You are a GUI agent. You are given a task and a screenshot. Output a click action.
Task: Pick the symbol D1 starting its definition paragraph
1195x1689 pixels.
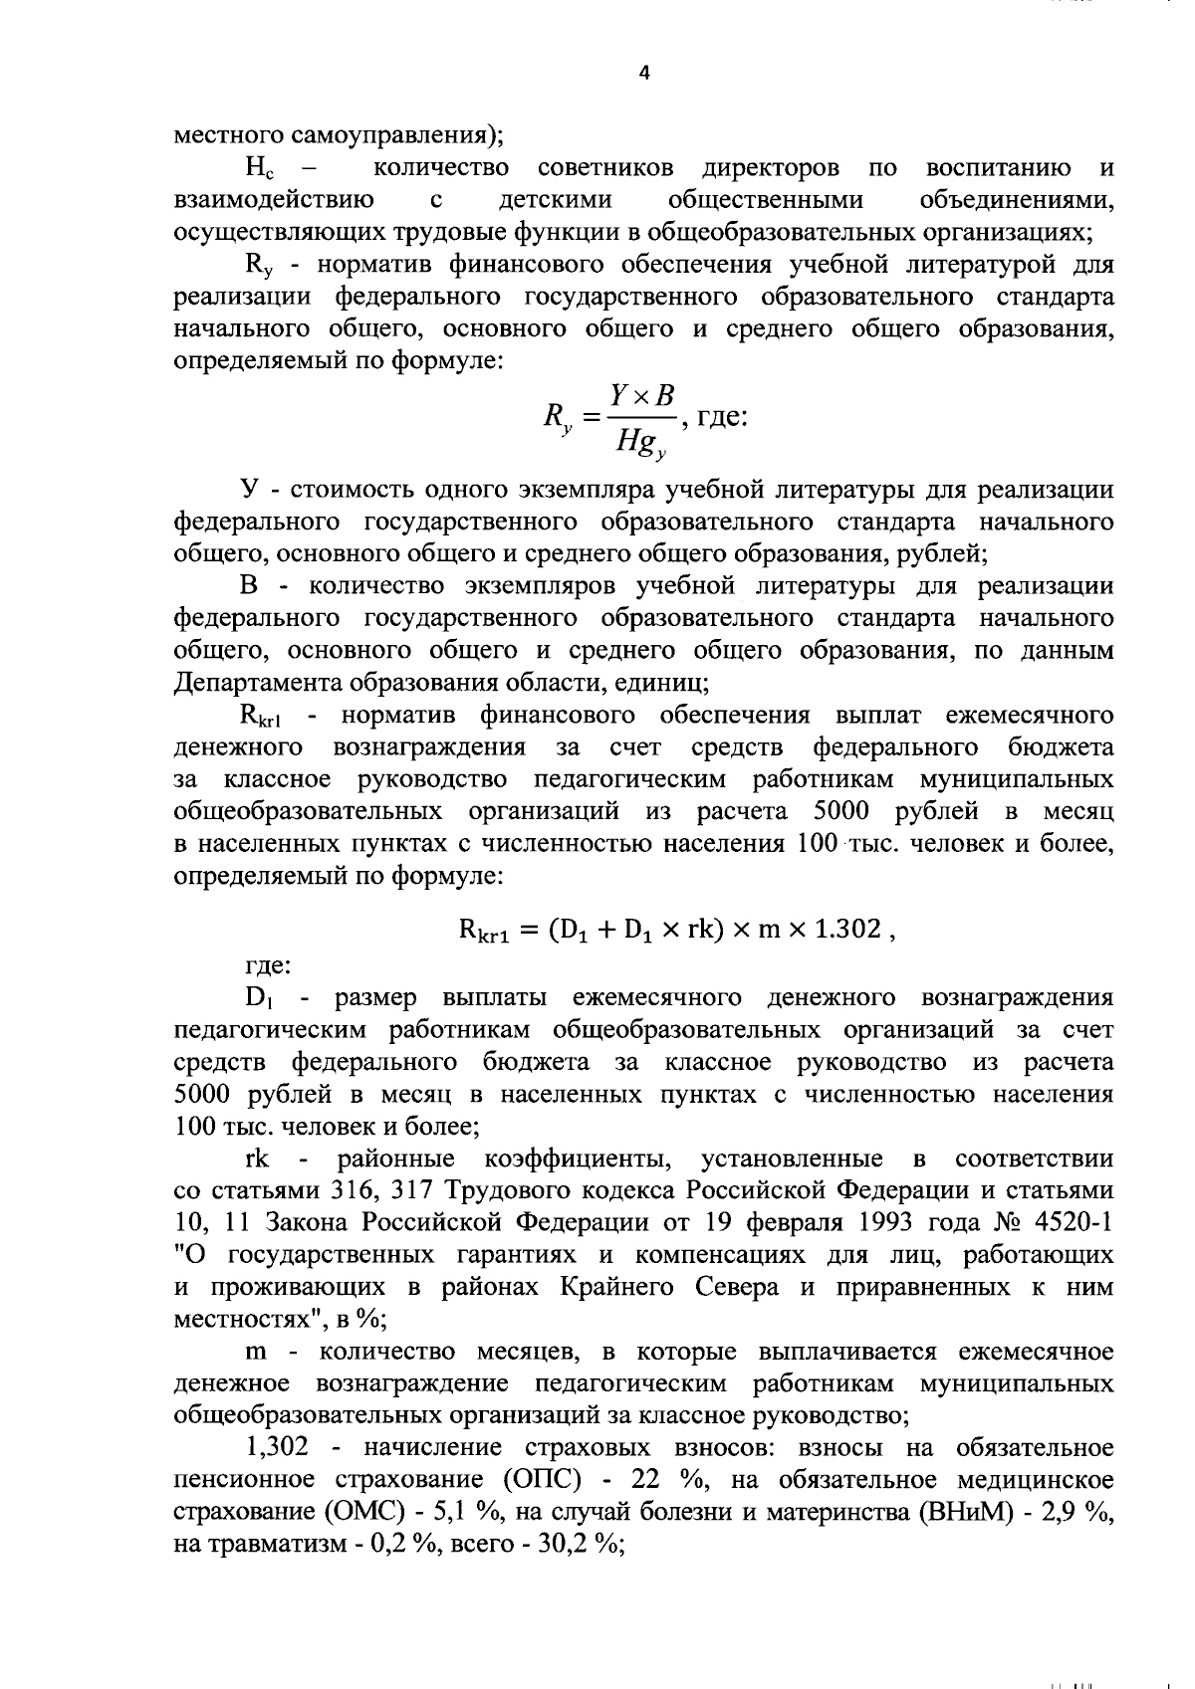point(259,997)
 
